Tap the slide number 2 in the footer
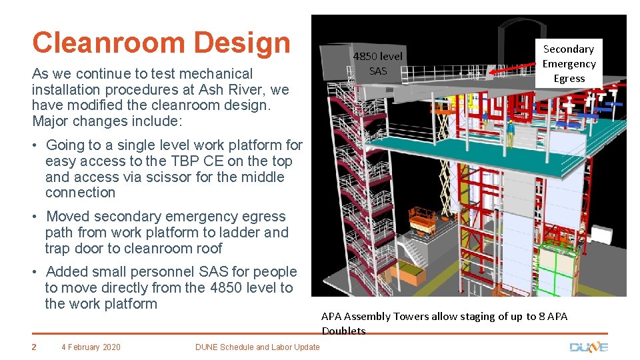coord(35,347)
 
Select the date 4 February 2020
coord(91,347)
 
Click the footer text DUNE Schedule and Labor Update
coord(257,347)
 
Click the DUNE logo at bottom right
coord(589,347)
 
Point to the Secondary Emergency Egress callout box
coord(569,64)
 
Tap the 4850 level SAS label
coord(378,63)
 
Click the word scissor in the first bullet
coord(165,177)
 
